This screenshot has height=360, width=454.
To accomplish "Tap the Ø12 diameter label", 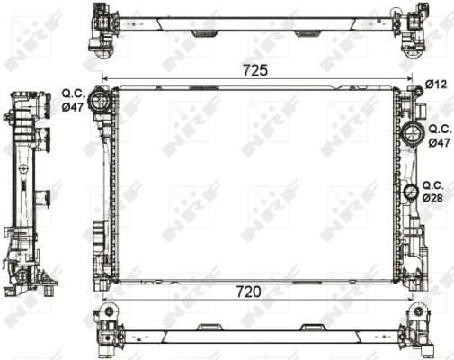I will (x=436, y=84).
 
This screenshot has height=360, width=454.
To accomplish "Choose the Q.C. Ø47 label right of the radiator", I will (x=439, y=136).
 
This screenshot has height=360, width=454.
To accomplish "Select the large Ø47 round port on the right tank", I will (x=412, y=136).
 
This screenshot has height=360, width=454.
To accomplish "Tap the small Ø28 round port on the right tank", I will (x=411, y=191).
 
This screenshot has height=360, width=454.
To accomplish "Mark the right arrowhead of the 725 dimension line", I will (x=409, y=79).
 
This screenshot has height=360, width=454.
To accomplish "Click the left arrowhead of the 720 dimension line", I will (x=106, y=300).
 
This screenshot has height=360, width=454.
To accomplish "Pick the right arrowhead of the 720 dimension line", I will (x=407, y=300).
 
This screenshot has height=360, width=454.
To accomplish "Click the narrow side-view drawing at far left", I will (x=27, y=193).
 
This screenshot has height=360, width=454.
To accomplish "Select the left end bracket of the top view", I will (x=102, y=28).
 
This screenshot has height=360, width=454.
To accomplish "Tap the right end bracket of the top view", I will (x=414, y=28).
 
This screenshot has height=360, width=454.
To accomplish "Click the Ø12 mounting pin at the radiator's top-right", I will (x=418, y=89).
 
